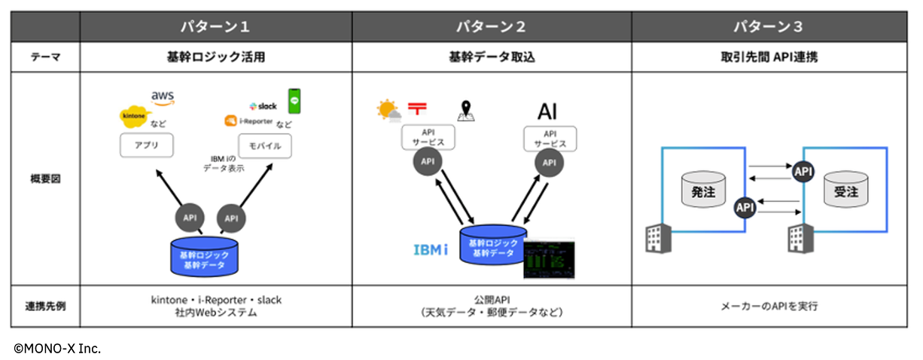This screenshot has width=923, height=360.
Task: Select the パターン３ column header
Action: coord(769,27)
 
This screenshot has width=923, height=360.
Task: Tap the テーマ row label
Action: coord(45,56)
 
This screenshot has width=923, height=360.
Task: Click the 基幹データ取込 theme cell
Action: coord(492,56)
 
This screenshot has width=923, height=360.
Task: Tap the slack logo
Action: coord(263,105)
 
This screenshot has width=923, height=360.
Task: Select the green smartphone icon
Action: coord(294,101)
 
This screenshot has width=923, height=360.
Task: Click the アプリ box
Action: coord(146,145)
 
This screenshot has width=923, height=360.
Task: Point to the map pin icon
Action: coord(466,111)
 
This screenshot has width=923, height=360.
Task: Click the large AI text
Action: coord(547,111)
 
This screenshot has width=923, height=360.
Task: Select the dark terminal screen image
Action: coord(549,257)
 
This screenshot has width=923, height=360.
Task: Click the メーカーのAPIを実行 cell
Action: coord(769,307)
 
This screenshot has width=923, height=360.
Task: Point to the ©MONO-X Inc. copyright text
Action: coord(57,348)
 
